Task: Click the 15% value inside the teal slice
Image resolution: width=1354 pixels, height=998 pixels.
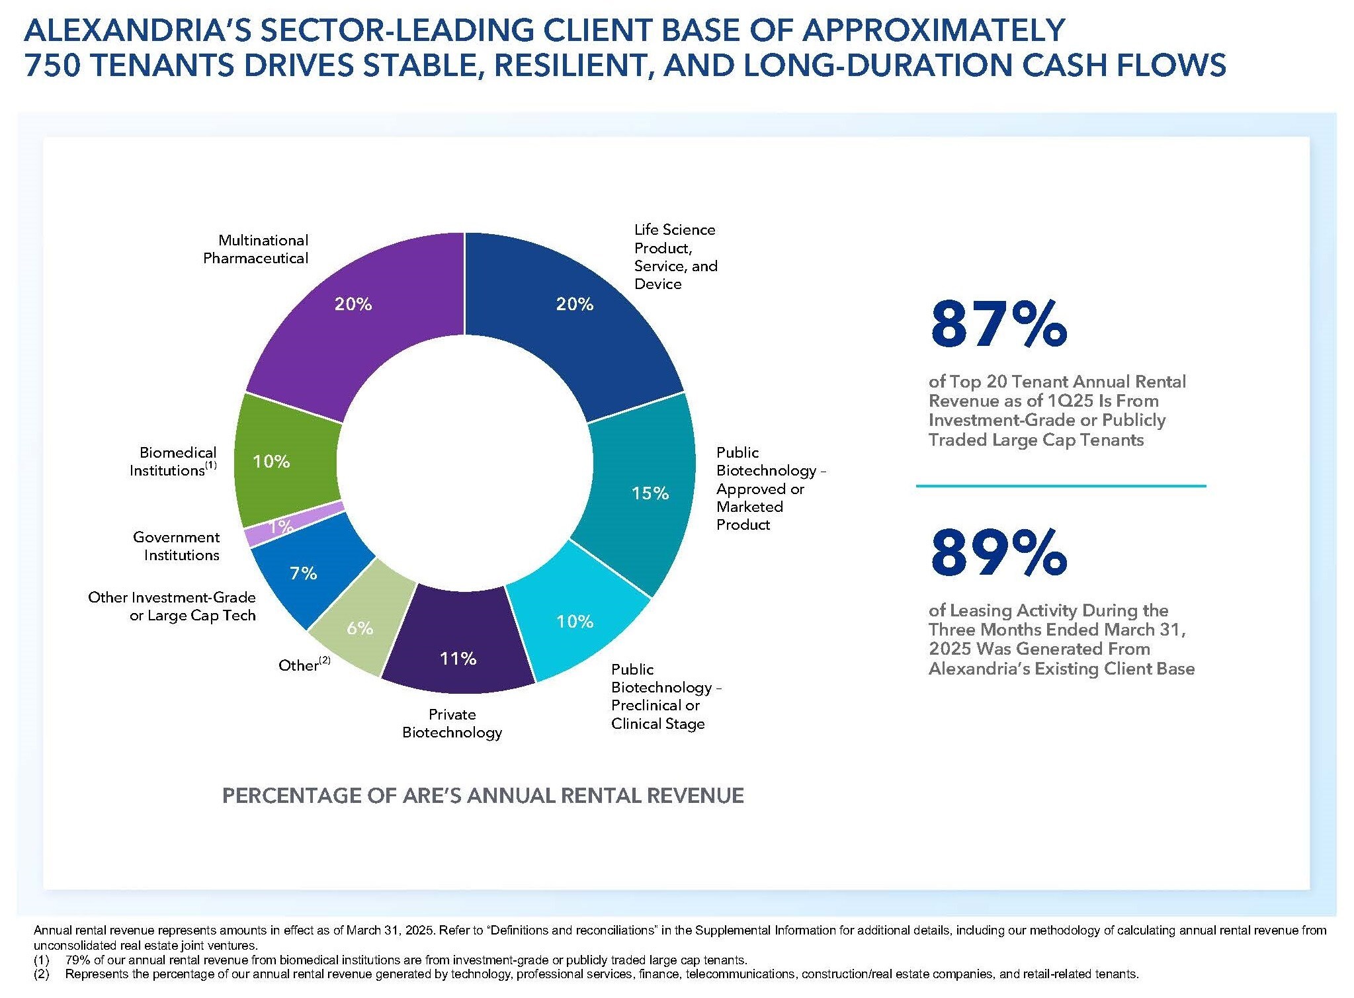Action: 650,493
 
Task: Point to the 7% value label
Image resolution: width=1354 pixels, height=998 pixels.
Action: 304,573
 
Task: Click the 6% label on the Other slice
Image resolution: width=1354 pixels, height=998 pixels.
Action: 360,628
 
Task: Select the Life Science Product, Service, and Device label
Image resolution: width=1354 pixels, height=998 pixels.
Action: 675,257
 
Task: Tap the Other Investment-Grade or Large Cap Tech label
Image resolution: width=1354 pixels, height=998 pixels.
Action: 172,606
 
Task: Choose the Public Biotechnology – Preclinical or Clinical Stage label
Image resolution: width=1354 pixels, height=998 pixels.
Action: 665,696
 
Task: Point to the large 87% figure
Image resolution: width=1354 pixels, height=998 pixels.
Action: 998,325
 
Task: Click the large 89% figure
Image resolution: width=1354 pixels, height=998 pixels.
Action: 998,552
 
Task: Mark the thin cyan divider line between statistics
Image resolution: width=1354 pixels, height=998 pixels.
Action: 1060,486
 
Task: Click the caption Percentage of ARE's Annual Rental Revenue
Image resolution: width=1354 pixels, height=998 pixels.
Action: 483,795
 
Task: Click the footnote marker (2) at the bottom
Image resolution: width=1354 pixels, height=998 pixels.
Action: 42,974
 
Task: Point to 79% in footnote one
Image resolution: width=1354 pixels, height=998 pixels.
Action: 79,960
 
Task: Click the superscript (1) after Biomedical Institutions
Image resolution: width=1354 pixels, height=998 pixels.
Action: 210,465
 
